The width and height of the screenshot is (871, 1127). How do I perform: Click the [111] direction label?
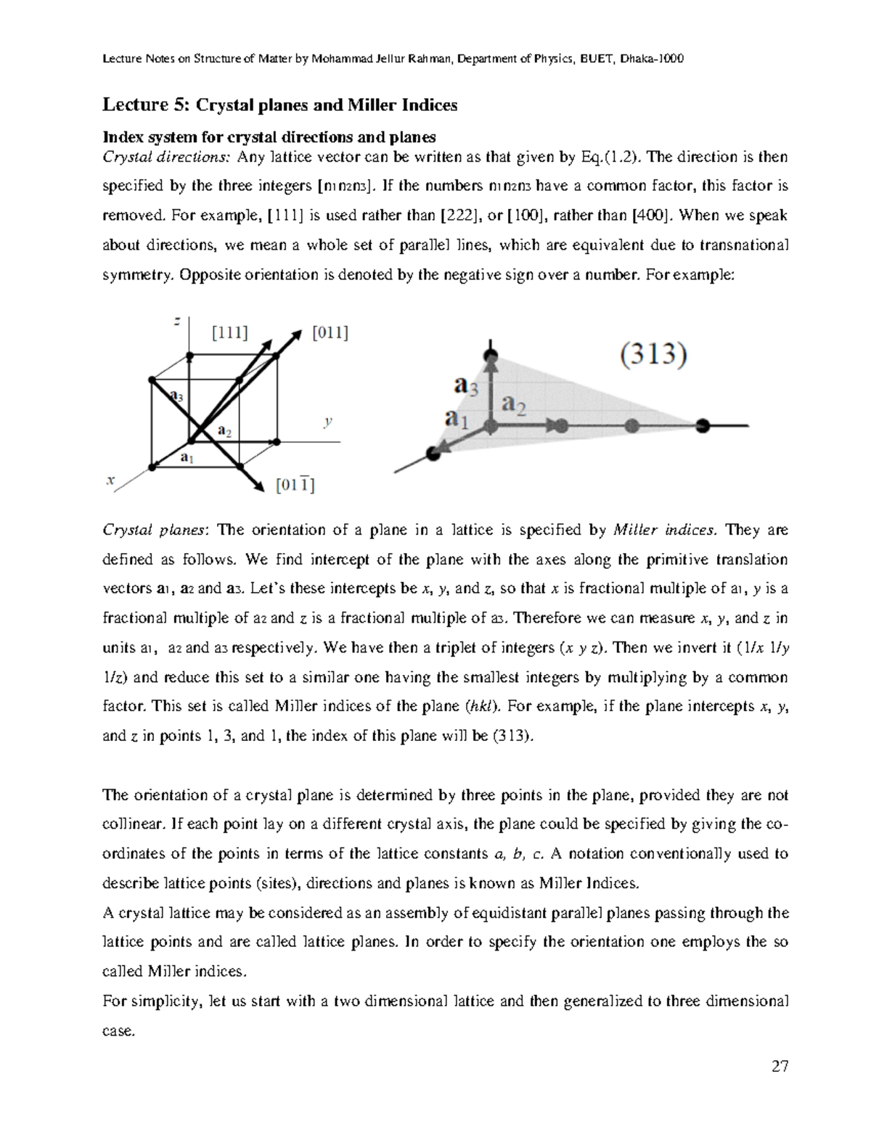click(x=229, y=332)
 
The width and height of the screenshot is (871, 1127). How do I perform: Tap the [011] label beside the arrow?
click(x=330, y=332)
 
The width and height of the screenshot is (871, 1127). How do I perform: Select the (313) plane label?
click(x=653, y=356)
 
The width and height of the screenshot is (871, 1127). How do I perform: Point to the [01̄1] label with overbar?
click(x=295, y=485)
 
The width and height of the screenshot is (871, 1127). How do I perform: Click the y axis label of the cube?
click(x=328, y=421)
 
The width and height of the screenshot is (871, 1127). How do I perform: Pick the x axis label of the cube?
click(x=110, y=480)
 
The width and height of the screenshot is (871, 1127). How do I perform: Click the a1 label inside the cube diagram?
click(x=187, y=457)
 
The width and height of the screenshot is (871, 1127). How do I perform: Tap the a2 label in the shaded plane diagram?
click(x=515, y=404)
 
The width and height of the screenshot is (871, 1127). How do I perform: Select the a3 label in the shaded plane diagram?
click(x=466, y=386)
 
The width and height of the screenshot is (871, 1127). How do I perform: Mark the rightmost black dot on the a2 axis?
click(x=702, y=426)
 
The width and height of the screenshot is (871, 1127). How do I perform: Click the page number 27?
click(x=780, y=1066)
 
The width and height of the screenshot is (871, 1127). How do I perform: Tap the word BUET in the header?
click(x=593, y=59)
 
